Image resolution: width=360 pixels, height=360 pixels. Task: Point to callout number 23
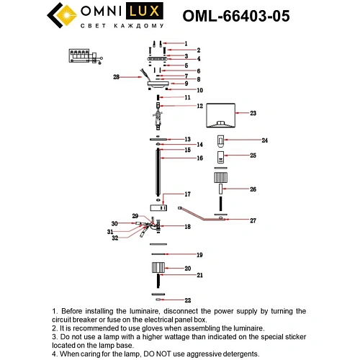(x=253, y=113)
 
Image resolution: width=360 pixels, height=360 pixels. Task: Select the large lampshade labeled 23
(x=222, y=116)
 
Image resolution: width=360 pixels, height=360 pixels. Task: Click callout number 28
(x=115, y=76)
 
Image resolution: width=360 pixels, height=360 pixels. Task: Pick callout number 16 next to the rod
(x=188, y=157)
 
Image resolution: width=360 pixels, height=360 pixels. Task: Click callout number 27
(x=253, y=220)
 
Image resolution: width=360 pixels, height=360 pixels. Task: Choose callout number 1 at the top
(x=186, y=43)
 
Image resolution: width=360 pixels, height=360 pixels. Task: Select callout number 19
(x=200, y=255)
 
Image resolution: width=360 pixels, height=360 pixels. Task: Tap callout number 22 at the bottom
(x=187, y=300)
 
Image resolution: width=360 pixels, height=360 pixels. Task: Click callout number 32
(x=115, y=238)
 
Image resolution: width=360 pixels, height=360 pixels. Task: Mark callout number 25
(x=253, y=155)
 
